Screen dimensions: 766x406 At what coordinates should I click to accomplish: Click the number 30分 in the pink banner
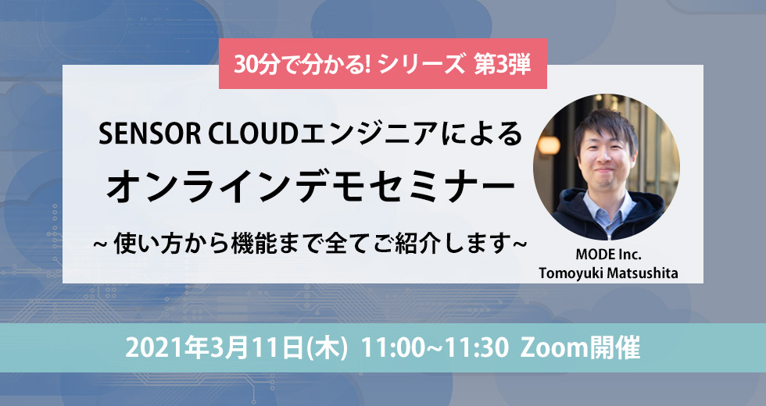[252, 64]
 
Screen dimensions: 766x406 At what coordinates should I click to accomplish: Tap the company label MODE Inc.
[608, 255]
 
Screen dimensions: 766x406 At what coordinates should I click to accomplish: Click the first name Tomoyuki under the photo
[571, 273]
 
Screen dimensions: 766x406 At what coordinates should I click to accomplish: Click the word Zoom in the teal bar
[546, 348]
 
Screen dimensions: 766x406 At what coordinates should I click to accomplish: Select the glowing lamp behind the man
[548, 145]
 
